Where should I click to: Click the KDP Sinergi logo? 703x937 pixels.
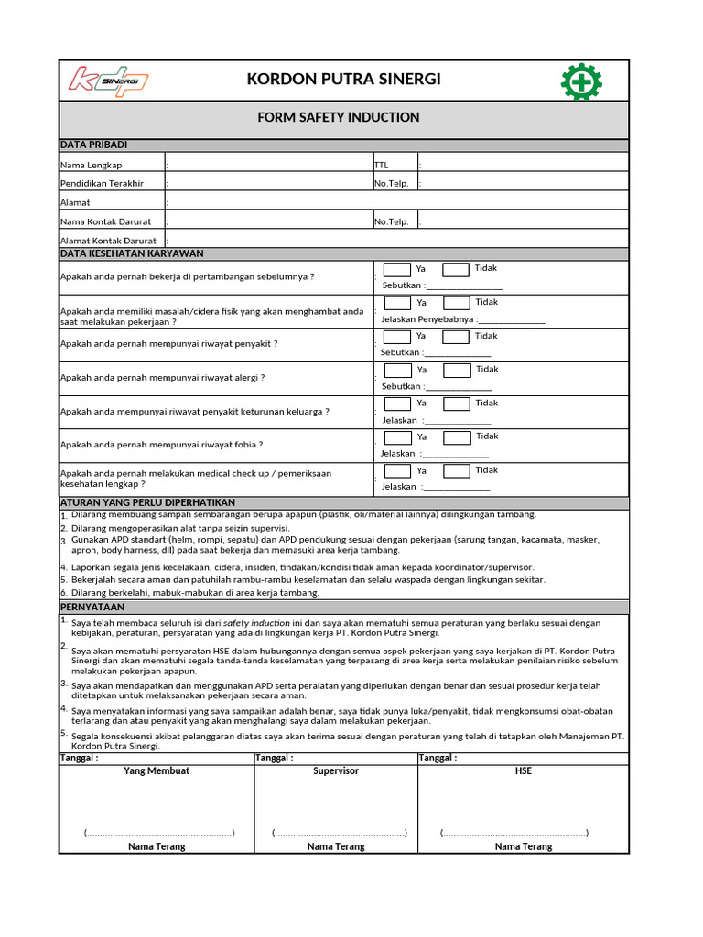click(109, 80)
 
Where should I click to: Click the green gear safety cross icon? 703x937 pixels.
click(580, 81)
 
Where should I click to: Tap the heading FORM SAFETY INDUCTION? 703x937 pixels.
click(339, 117)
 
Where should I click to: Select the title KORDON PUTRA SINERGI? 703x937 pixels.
click(343, 80)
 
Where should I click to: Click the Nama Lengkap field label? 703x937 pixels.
click(92, 165)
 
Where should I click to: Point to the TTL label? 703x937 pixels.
click(382, 165)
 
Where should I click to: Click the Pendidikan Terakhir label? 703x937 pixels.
click(102, 183)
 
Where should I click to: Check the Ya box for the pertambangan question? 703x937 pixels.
click(396, 270)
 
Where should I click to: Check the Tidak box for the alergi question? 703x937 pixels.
click(457, 371)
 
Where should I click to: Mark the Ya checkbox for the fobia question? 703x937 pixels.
click(397, 437)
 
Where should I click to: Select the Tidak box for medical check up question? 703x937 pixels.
click(457, 471)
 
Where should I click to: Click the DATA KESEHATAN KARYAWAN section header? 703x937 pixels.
click(132, 253)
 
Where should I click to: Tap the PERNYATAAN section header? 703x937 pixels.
click(92, 607)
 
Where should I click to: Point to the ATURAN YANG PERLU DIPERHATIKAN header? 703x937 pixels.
click(147, 502)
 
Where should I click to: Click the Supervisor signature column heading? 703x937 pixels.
click(336, 771)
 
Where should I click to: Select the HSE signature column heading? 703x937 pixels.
click(524, 771)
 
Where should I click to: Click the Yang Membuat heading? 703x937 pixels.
click(157, 771)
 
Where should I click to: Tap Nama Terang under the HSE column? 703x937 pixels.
click(524, 846)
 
